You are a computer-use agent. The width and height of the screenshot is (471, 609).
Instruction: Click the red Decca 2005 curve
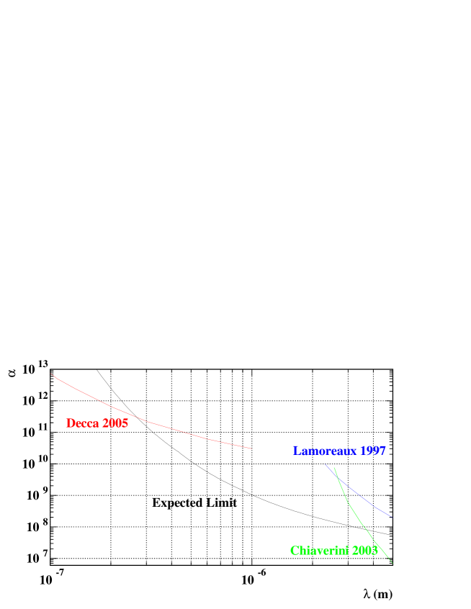148,421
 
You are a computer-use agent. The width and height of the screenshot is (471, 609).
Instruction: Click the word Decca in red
83,423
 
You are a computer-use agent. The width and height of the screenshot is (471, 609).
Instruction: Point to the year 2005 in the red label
115,423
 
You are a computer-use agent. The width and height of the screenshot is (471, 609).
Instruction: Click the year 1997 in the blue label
372,451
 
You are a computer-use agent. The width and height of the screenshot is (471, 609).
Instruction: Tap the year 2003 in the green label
365,551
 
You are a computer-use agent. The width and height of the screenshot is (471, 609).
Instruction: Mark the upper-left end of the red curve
52,374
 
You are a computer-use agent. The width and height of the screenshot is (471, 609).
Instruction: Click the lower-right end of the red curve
252,448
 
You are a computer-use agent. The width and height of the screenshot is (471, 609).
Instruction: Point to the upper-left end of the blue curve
324,464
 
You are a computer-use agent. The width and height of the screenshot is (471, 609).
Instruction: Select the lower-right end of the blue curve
391,516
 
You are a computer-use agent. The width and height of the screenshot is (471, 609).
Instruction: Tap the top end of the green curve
333,467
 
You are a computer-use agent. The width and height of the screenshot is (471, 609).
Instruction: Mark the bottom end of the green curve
392,562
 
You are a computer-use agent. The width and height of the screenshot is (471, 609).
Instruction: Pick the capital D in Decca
71,423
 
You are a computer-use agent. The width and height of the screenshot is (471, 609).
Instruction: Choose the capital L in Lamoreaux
295,451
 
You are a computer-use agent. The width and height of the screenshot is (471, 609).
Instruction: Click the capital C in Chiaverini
294,551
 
